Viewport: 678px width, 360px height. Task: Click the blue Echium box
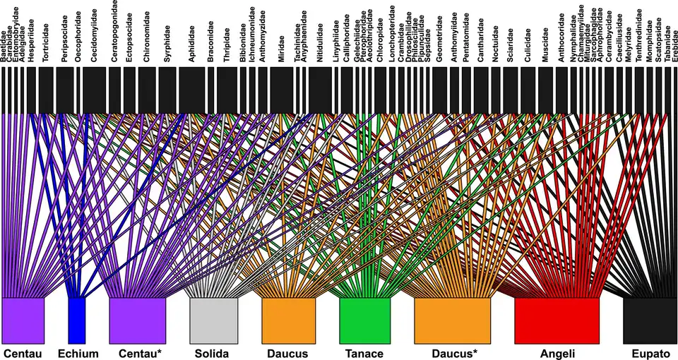(76, 320)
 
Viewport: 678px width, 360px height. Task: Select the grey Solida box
(214, 320)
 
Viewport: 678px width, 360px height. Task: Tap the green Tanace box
(364, 320)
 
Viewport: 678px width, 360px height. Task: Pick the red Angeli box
(557, 320)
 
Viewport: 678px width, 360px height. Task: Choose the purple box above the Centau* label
(138, 320)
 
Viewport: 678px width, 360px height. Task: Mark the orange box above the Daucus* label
(452, 320)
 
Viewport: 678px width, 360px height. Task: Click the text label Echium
(78, 353)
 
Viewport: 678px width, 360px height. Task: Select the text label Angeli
(557, 353)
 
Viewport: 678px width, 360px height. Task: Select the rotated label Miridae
(282, 49)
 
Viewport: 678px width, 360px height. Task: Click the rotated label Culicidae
(527, 47)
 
